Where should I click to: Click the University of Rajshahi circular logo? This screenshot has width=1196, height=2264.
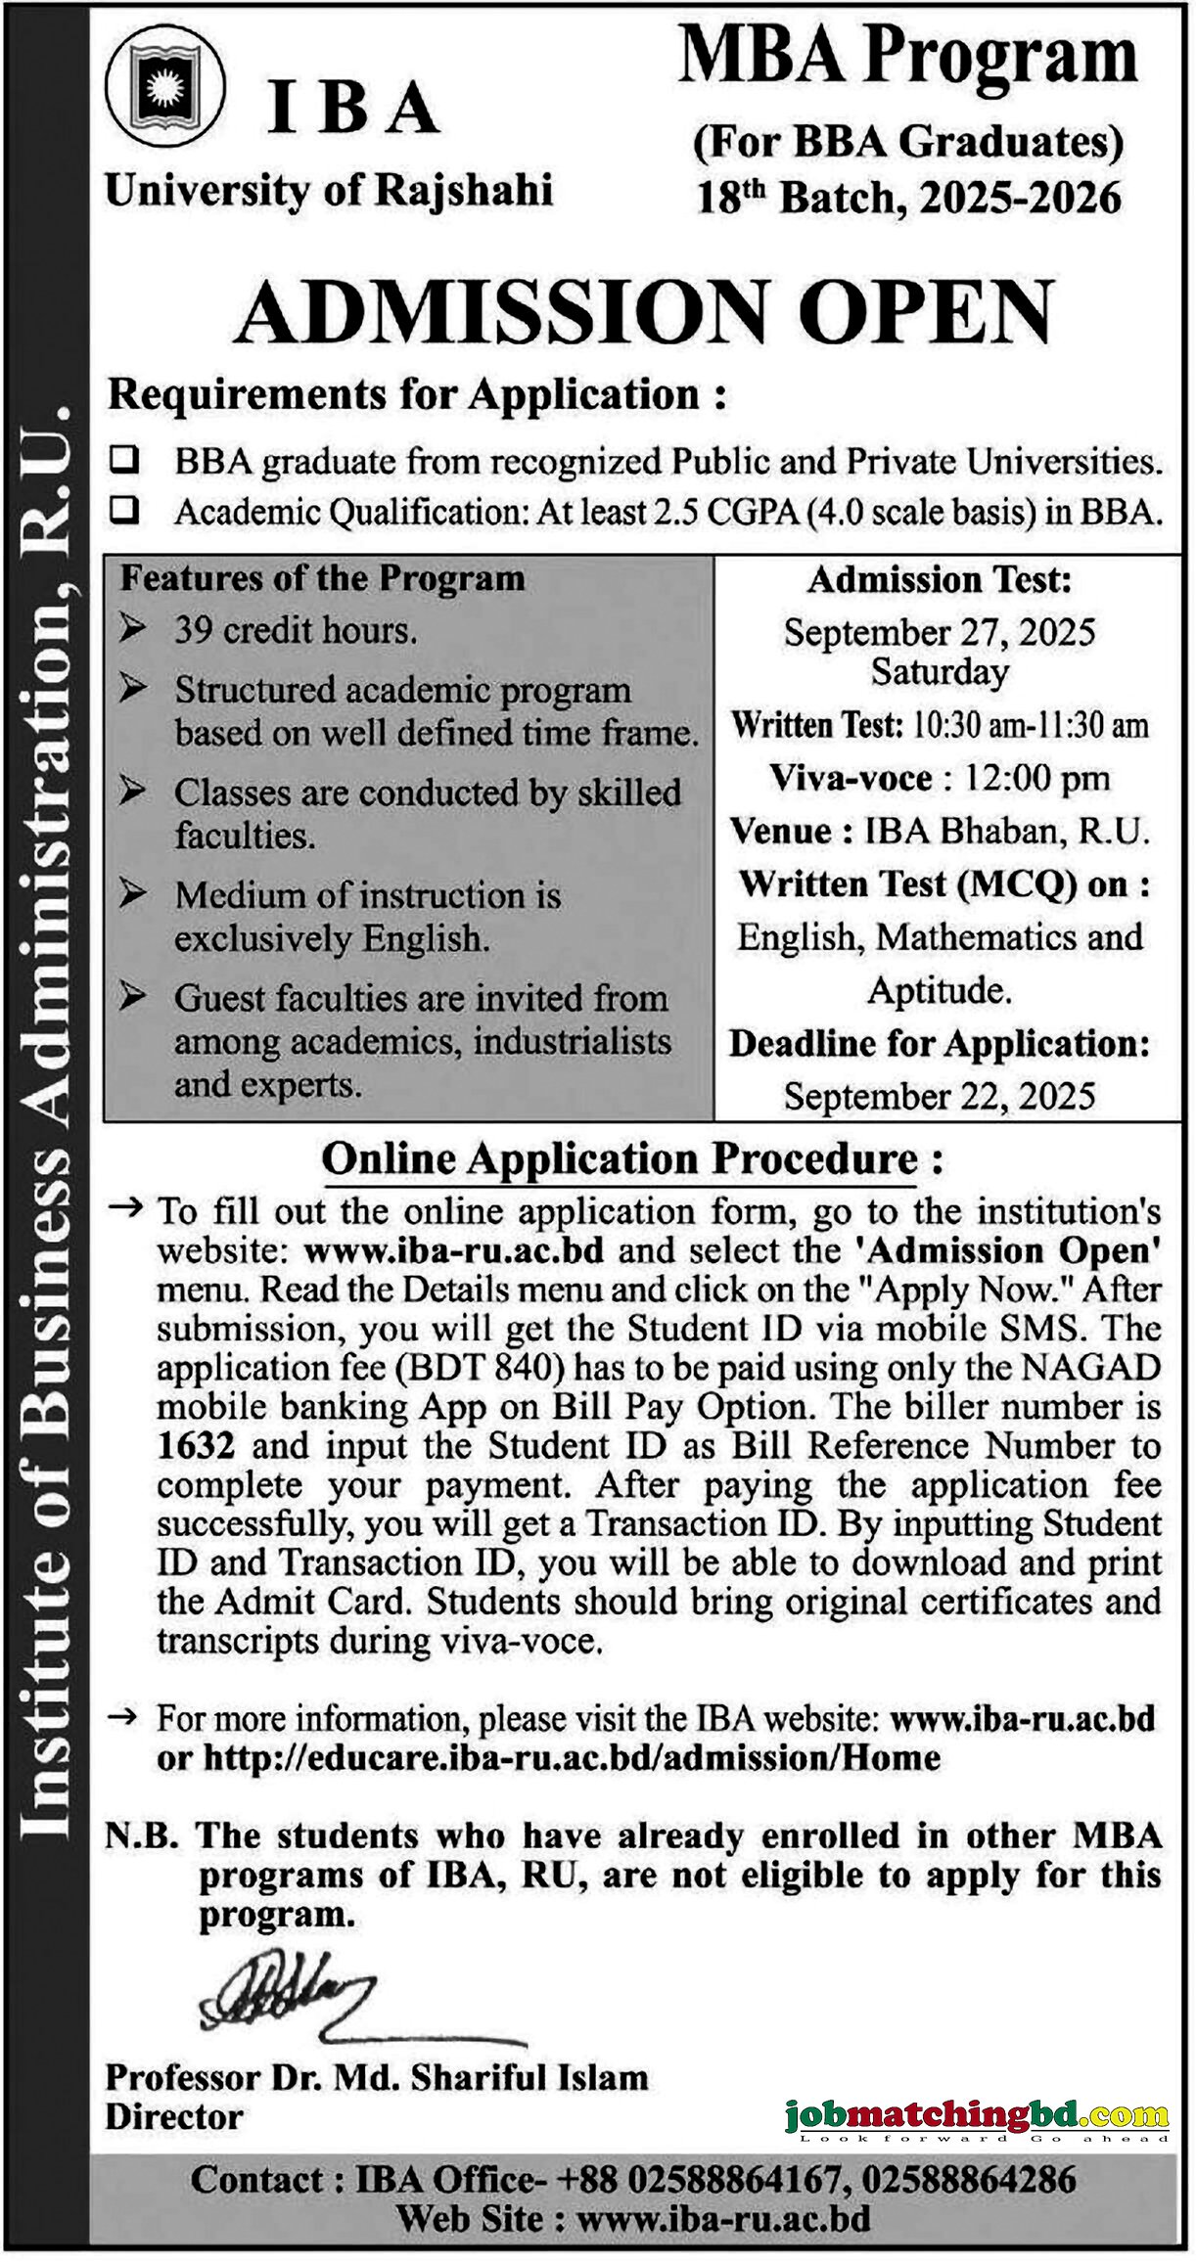[165, 94]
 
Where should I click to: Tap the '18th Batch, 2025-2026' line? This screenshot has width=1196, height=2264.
[908, 199]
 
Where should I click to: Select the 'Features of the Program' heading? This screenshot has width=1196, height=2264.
[322, 579]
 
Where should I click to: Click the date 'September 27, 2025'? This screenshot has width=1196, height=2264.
[939, 632]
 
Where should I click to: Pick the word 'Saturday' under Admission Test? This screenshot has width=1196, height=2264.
[940, 673]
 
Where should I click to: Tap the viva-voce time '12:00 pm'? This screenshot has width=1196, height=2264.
[1036, 779]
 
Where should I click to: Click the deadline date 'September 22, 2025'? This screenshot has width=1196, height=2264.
[939, 1096]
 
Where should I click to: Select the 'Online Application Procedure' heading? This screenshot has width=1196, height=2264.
[620, 1159]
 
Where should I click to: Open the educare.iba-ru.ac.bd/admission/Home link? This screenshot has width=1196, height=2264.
[572, 1758]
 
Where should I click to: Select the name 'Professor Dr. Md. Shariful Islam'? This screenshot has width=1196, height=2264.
[377, 2077]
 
